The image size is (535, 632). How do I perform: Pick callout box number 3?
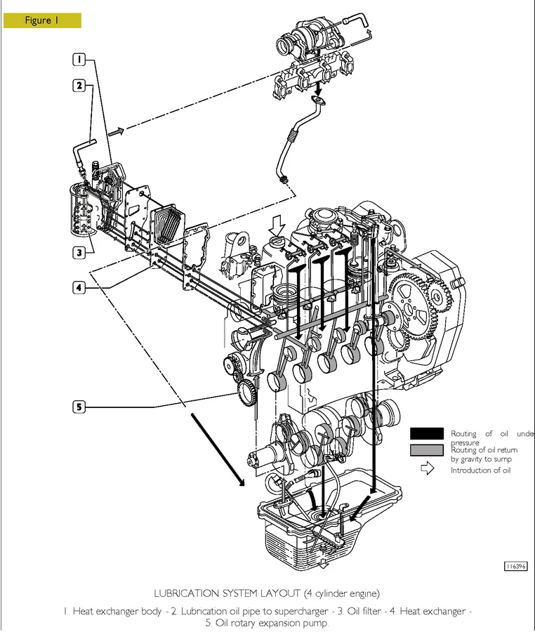pyautogui.click(x=81, y=251)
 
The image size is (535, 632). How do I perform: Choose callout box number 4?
pyautogui.click(x=81, y=287)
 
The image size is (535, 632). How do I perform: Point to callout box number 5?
pyautogui.click(x=81, y=407)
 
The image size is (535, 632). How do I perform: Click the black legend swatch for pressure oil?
pyautogui.click(x=427, y=434)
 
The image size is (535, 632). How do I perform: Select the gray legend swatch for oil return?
pyautogui.click(x=427, y=450)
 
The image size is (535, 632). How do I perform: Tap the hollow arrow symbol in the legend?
pyautogui.click(x=426, y=470)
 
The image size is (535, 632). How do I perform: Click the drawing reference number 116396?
pyautogui.click(x=516, y=566)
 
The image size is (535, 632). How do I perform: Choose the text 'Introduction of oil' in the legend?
pyautogui.click(x=481, y=470)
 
